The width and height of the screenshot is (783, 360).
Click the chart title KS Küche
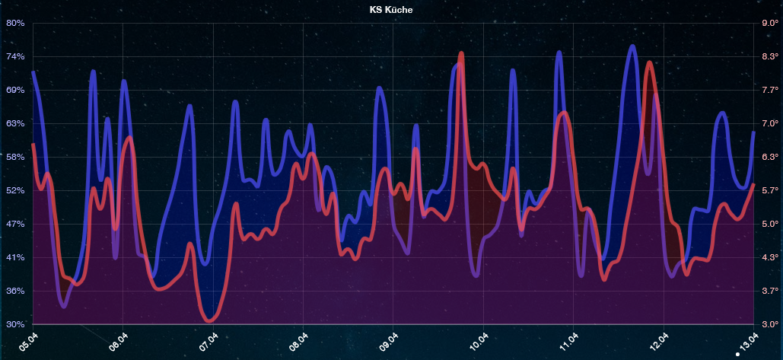[391, 11]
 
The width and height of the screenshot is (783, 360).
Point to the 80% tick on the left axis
[15, 23]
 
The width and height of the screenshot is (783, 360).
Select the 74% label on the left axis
[15, 56]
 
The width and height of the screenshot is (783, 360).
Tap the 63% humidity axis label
[15, 123]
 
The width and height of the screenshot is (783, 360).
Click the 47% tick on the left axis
[15, 224]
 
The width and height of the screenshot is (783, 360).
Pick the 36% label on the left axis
[15, 291]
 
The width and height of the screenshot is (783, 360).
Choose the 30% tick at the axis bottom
[15, 324]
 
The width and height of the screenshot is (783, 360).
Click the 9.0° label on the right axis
[769, 23]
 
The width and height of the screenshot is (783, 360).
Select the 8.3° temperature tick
[769, 56]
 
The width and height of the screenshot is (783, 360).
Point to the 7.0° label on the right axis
[769, 123]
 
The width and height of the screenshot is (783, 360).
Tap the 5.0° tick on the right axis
[769, 224]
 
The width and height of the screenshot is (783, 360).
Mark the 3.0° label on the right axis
[769, 324]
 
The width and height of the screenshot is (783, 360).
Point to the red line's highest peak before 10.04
[462, 54]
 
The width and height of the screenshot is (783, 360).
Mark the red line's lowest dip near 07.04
[209, 320]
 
